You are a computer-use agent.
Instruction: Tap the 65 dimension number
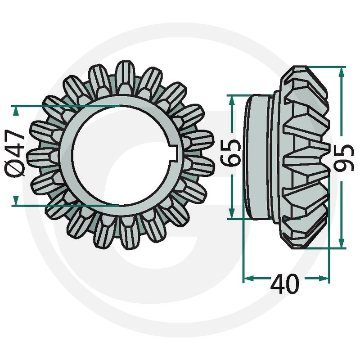coord(230,153)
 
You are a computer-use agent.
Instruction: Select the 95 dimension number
coord(344,158)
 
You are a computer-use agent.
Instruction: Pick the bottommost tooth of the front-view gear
coord(129,234)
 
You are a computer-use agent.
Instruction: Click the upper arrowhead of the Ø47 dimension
coord(16,112)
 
